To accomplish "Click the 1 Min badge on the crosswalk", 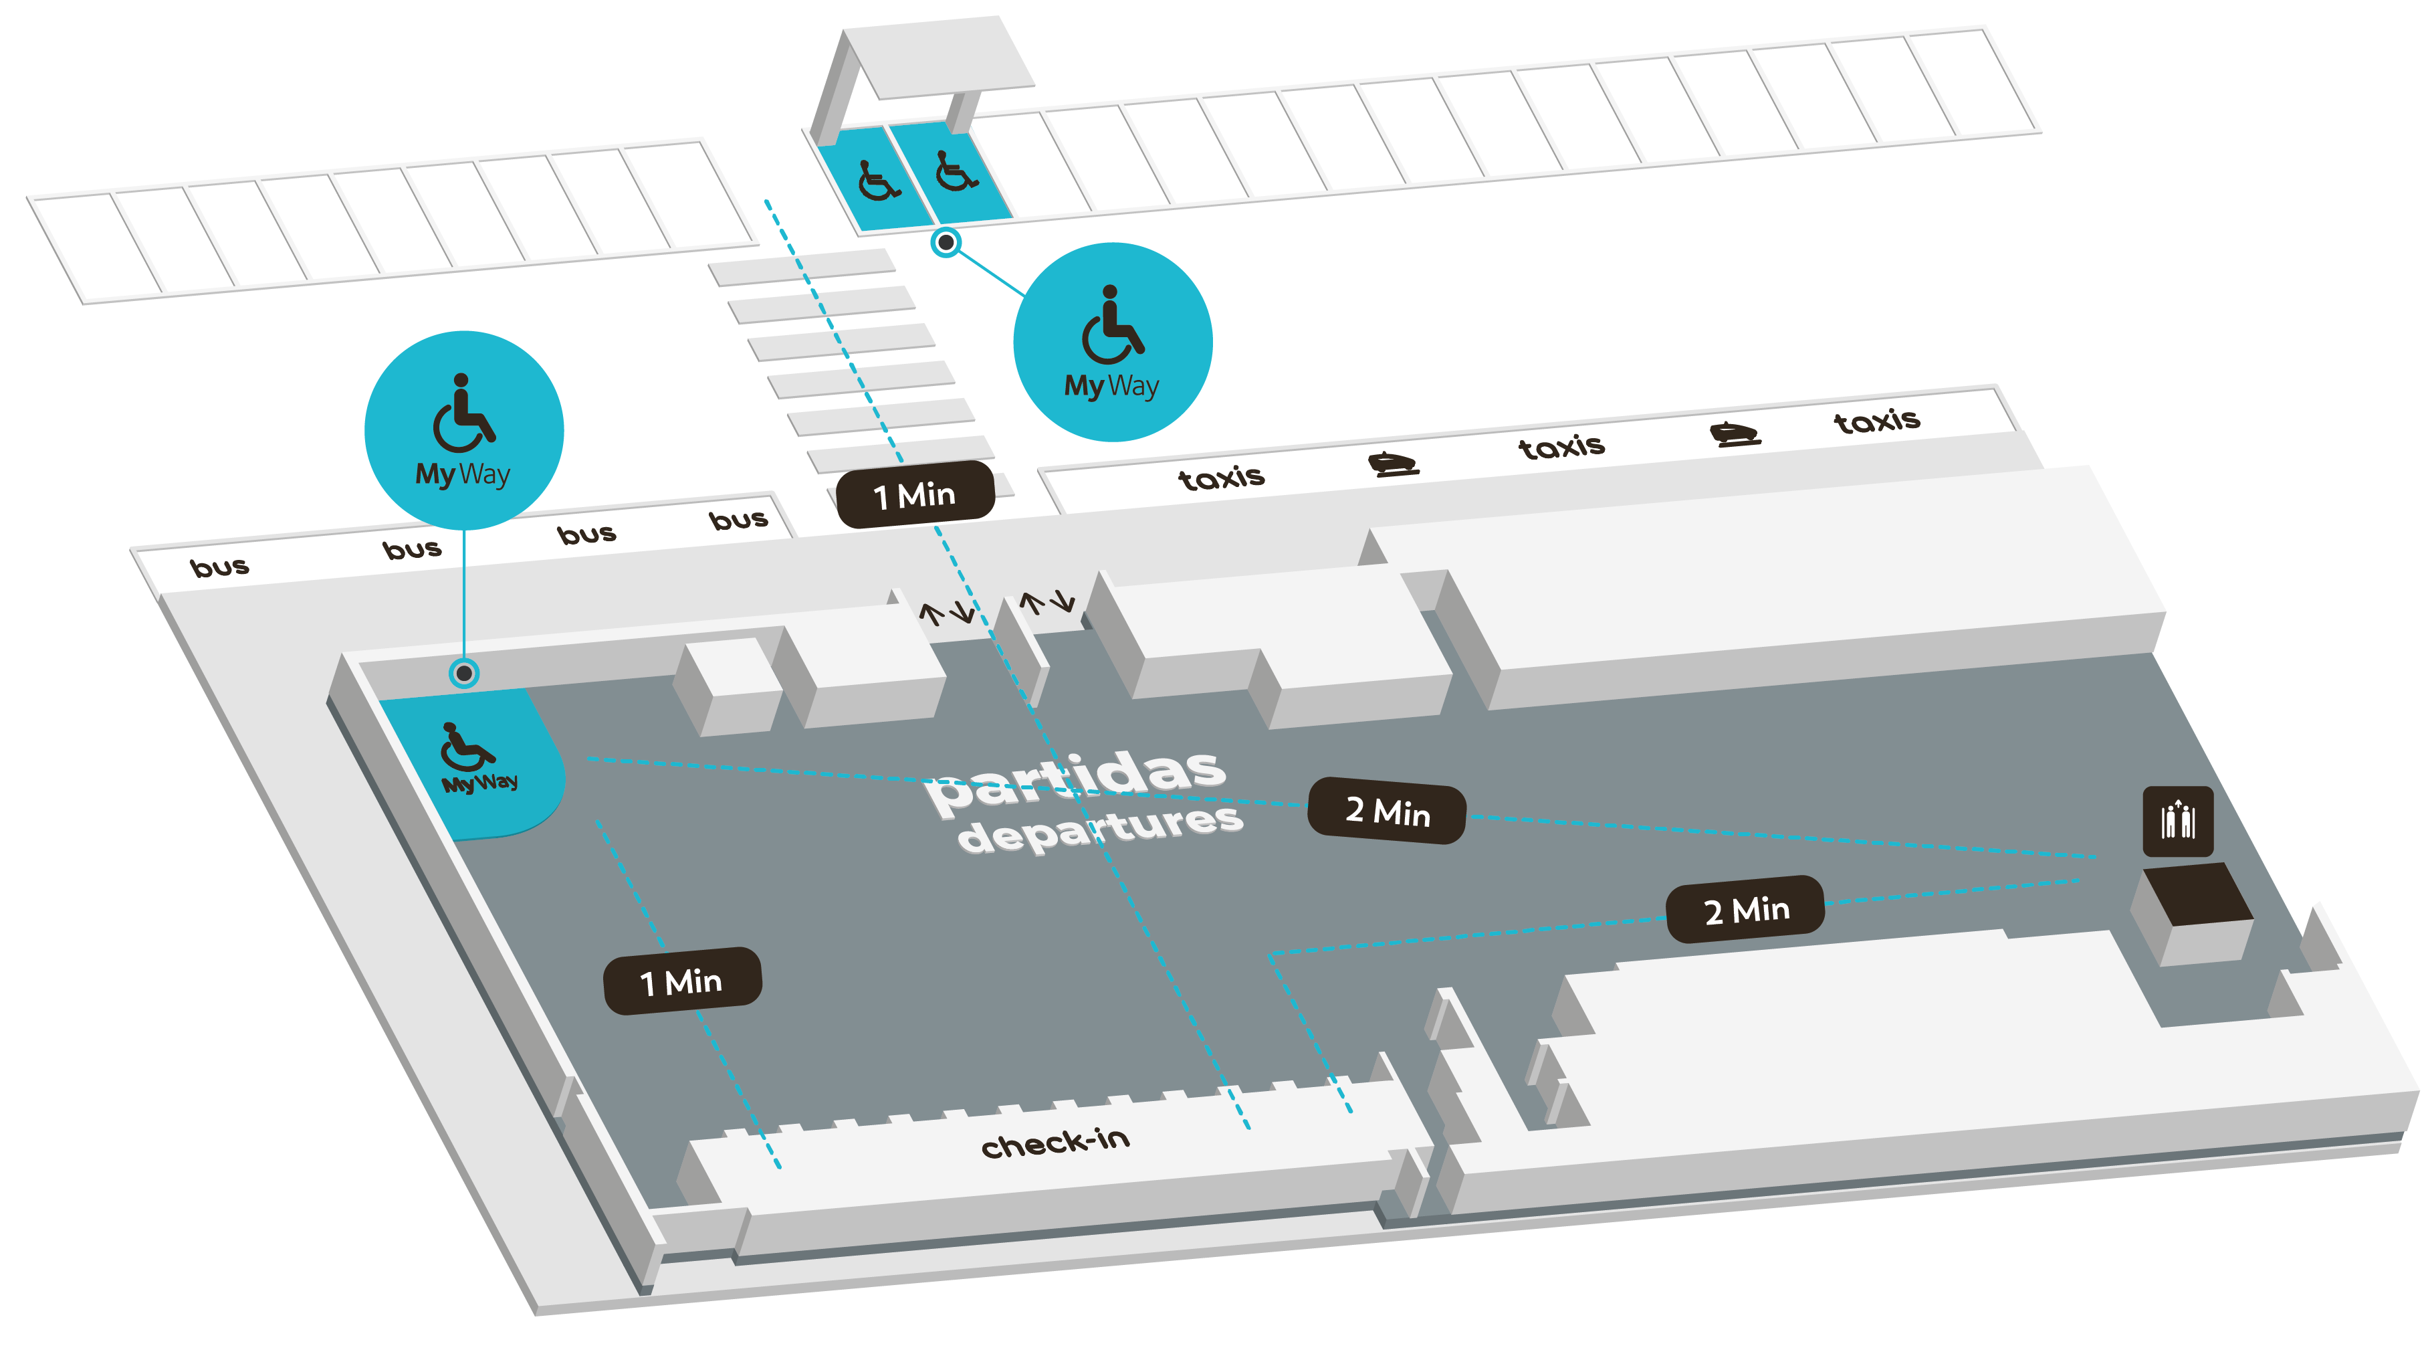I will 915,494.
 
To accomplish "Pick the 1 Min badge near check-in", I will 681,981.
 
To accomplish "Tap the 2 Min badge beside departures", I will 1387,811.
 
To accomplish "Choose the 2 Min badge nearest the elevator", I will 1745,909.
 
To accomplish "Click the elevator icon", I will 2177,821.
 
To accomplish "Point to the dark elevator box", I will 2197,894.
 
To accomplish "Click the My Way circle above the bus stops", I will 464,430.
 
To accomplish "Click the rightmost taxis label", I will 1876,420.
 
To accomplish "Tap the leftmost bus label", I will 219,567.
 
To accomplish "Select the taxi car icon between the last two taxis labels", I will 1735,434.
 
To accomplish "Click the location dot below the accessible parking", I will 946,242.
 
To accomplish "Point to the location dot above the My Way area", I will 464,673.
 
